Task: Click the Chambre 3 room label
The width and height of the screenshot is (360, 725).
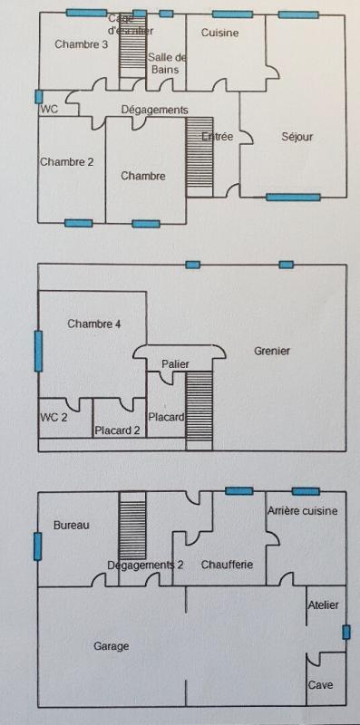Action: [x=82, y=43]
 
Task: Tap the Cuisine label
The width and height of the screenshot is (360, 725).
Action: [x=219, y=33]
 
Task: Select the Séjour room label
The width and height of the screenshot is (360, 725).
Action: [x=297, y=137]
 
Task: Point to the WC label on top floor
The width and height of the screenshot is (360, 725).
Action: [x=49, y=109]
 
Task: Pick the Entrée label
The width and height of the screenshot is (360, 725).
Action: [x=218, y=137]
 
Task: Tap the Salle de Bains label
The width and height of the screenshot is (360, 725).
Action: [x=167, y=63]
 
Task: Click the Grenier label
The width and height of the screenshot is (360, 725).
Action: [x=272, y=351]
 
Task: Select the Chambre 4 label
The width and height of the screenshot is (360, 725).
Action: [x=94, y=324]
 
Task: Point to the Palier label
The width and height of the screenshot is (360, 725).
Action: [x=176, y=363]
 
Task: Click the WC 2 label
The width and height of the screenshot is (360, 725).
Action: [x=54, y=417]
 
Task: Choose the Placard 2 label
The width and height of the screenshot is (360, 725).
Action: [x=117, y=430]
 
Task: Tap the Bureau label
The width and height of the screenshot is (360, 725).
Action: [x=72, y=525]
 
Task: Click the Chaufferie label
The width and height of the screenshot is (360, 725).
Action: [x=227, y=565]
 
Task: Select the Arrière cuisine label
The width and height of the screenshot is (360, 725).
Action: [x=303, y=511]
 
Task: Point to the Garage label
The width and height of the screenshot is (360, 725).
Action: [x=112, y=646]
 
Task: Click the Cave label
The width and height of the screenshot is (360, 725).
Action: [x=321, y=685]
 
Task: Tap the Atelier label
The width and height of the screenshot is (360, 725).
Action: [x=323, y=604]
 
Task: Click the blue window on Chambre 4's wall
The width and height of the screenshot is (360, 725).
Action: [x=38, y=351]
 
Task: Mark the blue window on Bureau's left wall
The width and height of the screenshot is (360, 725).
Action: [x=38, y=546]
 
